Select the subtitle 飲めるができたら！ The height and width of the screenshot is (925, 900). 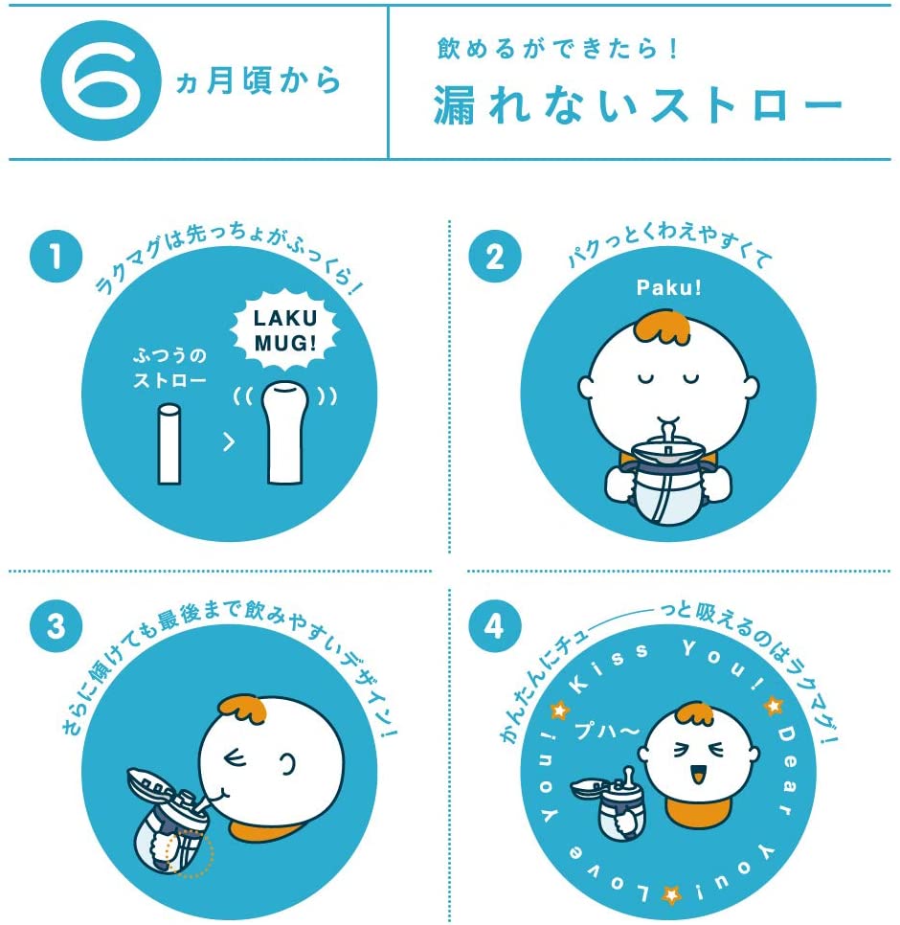[x=558, y=49]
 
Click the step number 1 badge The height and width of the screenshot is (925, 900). [x=56, y=257]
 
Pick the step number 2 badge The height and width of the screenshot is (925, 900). [x=495, y=257]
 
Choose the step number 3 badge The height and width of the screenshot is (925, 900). [x=56, y=626]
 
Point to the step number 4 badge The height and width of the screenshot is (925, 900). [x=495, y=626]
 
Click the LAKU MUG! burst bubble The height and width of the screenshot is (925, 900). [x=285, y=329]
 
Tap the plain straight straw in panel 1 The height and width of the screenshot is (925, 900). [x=169, y=443]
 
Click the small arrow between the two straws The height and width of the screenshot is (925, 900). [x=229, y=441]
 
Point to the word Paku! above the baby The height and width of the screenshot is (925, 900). [x=669, y=288]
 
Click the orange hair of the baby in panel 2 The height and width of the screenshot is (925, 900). [x=663, y=327]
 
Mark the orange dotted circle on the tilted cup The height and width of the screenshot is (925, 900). [x=190, y=852]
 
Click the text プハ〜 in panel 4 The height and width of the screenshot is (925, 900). [x=607, y=731]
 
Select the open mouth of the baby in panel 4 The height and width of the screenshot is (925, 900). [x=698, y=774]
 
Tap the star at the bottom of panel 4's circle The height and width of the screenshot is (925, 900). [x=671, y=894]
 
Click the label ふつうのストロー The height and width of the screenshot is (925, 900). [x=169, y=367]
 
